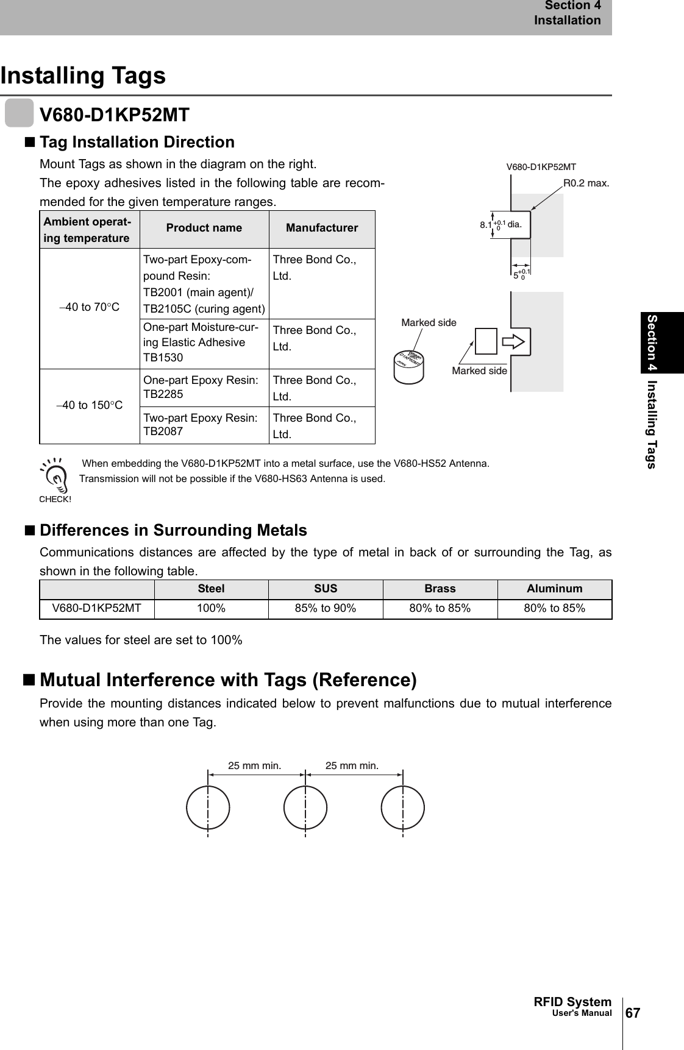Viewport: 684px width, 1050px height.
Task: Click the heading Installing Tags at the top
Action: [x=83, y=76]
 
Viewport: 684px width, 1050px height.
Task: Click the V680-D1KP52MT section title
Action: [x=114, y=115]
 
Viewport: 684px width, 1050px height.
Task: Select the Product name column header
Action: [x=204, y=229]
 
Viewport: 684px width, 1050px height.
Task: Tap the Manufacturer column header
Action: [x=322, y=229]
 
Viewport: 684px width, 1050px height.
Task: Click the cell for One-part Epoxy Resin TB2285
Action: [x=199, y=387]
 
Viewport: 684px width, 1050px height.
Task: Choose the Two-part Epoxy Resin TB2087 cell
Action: [x=199, y=425]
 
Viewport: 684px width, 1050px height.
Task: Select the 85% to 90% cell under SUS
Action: [x=326, y=609]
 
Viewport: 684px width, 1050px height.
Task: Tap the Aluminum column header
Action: [x=555, y=589]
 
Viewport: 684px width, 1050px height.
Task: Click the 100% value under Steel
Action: [x=211, y=609]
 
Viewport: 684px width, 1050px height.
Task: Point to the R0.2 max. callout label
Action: [x=585, y=183]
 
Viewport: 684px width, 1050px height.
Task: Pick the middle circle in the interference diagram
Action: [x=305, y=808]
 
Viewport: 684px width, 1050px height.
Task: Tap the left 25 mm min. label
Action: [x=254, y=765]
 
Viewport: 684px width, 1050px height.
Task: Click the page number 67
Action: [x=633, y=1012]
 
